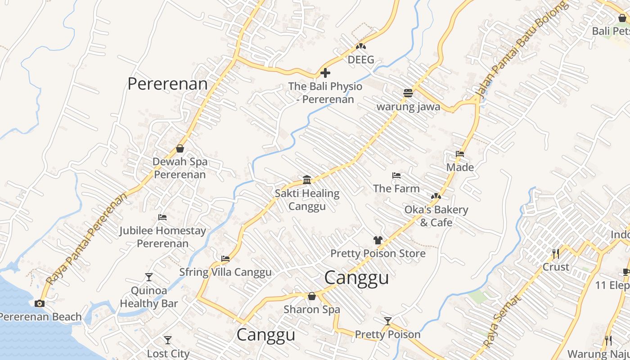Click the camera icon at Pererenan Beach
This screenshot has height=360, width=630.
pos(40,303)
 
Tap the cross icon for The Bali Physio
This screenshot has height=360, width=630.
pos(325,73)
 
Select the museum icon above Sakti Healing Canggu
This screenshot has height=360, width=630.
pos(307,180)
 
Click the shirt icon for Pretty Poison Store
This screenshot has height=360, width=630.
pos(378,240)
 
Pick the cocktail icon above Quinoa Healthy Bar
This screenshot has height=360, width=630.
pos(149,277)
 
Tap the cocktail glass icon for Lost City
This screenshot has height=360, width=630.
pos(168,340)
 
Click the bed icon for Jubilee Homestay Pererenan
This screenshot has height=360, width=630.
pos(162,217)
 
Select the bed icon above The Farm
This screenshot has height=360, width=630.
pos(396,175)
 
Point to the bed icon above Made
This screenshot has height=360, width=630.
pos(459,154)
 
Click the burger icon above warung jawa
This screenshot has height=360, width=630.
pos(408,93)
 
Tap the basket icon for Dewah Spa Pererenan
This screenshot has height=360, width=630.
pos(180,148)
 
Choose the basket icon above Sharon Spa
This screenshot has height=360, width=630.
pos(311,296)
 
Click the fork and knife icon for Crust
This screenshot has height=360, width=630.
pos(556,254)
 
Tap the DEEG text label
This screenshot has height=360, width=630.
pos(361,60)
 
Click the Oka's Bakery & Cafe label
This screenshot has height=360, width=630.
pos(436,216)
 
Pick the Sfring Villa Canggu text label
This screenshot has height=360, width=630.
pos(225,272)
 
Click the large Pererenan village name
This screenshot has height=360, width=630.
pos(167,84)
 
